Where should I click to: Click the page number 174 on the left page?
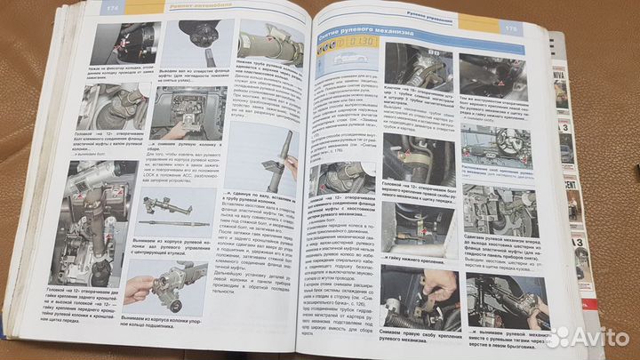click(x=111, y=8)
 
